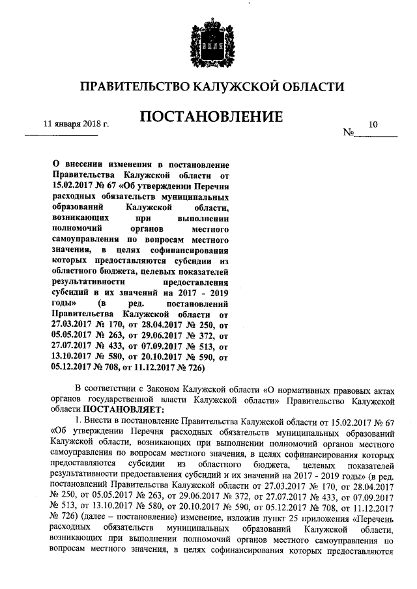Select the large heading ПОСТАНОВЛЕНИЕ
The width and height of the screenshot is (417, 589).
tap(210, 117)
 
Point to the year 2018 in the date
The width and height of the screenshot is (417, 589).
tap(94, 124)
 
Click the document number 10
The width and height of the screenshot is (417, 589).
tap(372, 124)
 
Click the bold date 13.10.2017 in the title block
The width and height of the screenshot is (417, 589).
tap(70, 357)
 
